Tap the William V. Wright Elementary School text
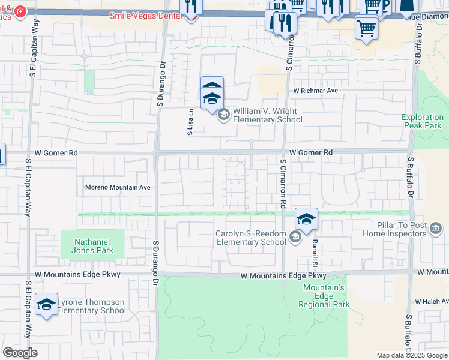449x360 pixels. coord(267,115)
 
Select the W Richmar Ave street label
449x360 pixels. coord(315,91)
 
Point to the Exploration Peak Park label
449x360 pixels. coord(421,121)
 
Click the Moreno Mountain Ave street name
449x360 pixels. coord(117,187)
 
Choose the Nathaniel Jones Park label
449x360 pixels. coord(92,246)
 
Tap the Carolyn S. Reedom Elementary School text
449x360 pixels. coord(251,238)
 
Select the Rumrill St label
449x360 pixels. coord(313,248)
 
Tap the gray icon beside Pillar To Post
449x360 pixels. coord(436,228)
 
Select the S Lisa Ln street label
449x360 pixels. coord(190,121)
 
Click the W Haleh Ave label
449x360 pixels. coord(432,302)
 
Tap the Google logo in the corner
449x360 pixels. coord(20,353)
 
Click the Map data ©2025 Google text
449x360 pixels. coord(412,355)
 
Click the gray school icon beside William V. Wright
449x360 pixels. coord(223,115)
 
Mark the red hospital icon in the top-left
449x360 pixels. coord(22,12)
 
